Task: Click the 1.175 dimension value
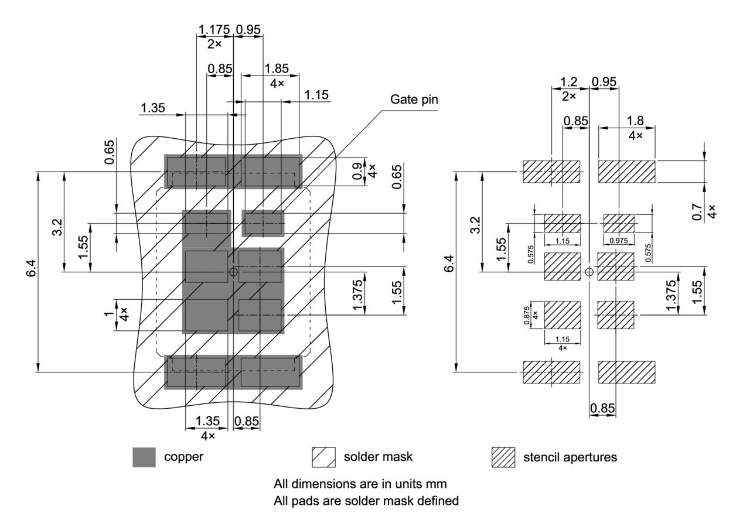[x=215, y=29]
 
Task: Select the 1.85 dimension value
[x=277, y=69]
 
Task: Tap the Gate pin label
[x=414, y=100]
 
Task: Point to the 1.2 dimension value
[x=569, y=82]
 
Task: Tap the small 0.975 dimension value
[x=619, y=241]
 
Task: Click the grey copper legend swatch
[x=144, y=457]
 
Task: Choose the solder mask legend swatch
[x=323, y=457]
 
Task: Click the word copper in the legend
[x=183, y=457]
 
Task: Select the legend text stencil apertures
[x=570, y=457]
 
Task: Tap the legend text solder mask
[x=378, y=457]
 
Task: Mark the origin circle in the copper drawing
[x=233, y=272]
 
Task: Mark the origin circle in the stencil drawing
[x=589, y=272]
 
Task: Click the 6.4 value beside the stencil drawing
[x=448, y=268]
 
